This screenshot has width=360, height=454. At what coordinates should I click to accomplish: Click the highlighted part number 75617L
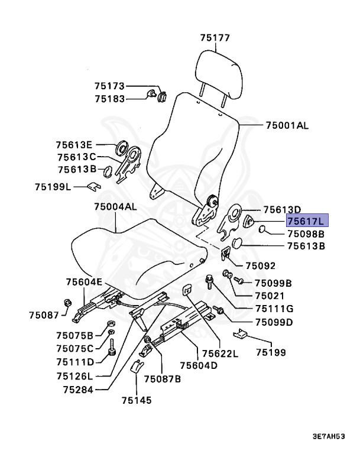pos(306,221)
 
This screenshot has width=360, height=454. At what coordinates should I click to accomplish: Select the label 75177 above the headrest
pos(214,38)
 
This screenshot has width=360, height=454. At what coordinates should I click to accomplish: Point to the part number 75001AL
pos(287,126)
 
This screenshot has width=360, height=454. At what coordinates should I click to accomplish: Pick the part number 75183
pos(109,99)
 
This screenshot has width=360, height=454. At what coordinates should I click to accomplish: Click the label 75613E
pos(74,144)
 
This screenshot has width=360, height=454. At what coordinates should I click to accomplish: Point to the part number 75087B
pos(162,378)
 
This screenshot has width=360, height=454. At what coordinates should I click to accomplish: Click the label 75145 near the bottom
pos(137,400)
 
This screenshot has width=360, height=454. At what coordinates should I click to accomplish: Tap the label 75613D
pos(282,209)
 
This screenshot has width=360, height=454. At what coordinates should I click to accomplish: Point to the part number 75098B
pos(306,234)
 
